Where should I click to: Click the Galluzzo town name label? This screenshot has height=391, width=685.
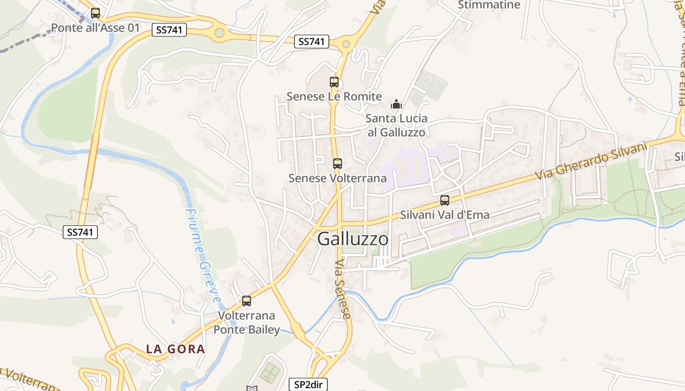(x=353, y=239)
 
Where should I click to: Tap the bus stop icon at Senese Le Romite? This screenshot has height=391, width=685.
(x=334, y=82)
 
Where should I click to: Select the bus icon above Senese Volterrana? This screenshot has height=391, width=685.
(x=337, y=164)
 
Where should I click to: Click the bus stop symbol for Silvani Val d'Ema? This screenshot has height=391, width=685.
(x=445, y=200)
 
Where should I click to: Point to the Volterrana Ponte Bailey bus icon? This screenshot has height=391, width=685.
(x=247, y=301)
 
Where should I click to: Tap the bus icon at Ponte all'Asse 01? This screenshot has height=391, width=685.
(x=95, y=13)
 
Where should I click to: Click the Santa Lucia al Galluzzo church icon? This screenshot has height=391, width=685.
(x=396, y=104)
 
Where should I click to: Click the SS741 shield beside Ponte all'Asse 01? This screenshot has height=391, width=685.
(x=169, y=30)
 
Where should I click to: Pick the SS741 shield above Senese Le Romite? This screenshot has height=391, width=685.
(x=312, y=42)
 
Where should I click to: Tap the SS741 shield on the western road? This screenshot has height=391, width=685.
(x=80, y=232)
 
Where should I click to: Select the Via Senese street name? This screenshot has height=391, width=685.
(x=343, y=289)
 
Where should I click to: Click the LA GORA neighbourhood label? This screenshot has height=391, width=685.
(x=176, y=349)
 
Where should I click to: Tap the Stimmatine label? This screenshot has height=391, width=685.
(x=489, y=5)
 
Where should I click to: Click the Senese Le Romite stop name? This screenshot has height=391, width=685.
(x=334, y=96)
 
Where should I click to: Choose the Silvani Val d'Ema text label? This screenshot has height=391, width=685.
(x=445, y=215)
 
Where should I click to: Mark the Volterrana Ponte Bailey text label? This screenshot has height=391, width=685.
(x=247, y=323)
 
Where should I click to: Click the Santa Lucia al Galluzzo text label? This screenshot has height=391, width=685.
(x=396, y=125)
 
